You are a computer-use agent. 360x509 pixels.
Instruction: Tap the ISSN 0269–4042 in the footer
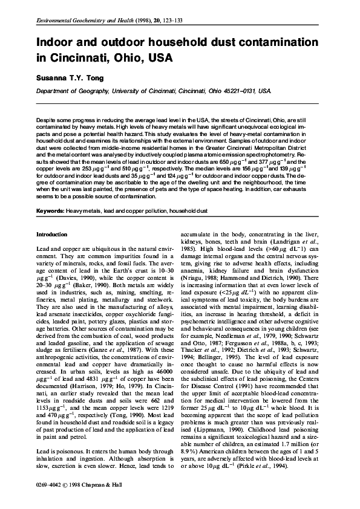[x=51, y=485]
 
